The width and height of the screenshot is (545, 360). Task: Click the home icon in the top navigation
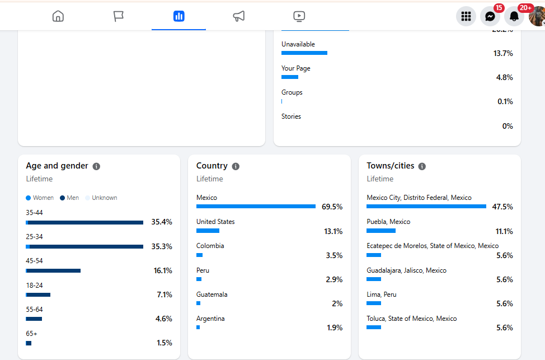click(x=58, y=16)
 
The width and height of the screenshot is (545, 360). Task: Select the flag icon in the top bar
click(x=119, y=16)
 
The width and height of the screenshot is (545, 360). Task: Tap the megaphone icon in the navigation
click(x=239, y=16)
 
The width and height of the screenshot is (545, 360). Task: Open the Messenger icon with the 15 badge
click(x=490, y=17)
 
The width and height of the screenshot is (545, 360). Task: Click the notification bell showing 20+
click(x=514, y=17)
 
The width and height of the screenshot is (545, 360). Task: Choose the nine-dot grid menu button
click(x=466, y=17)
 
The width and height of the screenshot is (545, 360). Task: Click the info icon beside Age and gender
click(x=96, y=166)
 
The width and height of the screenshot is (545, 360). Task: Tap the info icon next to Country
click(x=236, y=166)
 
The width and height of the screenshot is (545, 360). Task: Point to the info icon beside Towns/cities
click(x=422, y=166)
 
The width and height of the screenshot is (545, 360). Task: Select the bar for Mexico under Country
click(x=256, y=207)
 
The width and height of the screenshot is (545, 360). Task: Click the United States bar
click(x=208, y=231)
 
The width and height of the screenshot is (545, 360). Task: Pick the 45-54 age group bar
click(x=53, y=270)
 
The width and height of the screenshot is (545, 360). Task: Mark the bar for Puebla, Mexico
click(x=381, y=231)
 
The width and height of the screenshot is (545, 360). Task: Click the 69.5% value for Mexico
click(x=332, y=207)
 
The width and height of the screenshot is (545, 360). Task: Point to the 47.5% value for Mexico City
click(x=502, y=207)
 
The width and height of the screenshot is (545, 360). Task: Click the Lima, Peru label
click(x=382, y=294)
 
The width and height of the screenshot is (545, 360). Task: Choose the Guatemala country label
click(x=212, y=294)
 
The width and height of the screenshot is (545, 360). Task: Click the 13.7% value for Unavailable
click(x=503, y=53)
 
